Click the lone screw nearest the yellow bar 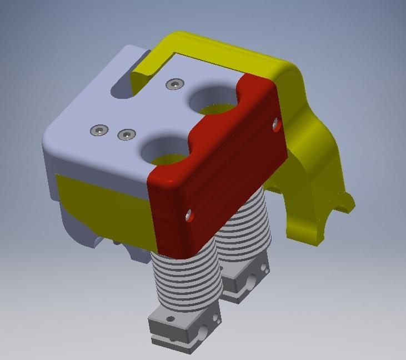coord(176,84)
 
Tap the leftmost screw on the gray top coord(99,130)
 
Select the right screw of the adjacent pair coord(127,134)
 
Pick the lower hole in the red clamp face coord(190,214)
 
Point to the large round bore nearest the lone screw coord(214,99)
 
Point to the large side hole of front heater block coord(202,334)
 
